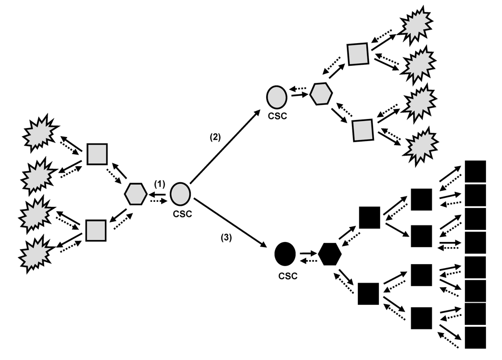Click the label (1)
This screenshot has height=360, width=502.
point(159,184)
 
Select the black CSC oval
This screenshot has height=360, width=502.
point(285,254)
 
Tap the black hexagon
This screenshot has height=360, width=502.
point(330,254)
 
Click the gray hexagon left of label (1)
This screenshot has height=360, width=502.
point(136,194)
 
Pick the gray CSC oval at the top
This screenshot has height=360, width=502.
point(278,95)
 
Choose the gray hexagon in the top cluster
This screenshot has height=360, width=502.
point(320,94)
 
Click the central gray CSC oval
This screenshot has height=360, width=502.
point(179,194)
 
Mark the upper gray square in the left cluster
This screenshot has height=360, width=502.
point(97,154)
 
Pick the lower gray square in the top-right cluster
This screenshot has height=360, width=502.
point(362,130)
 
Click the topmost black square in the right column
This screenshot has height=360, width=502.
point(476,171)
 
